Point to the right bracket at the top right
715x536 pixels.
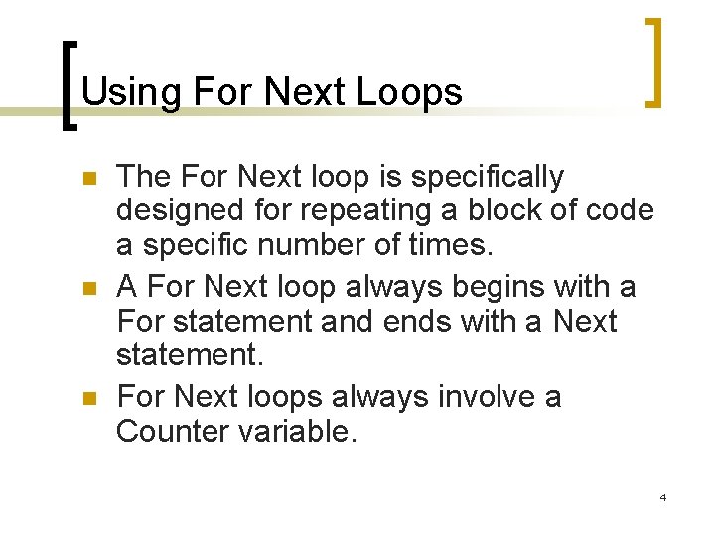pyautogui.click(x=654, y=62)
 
